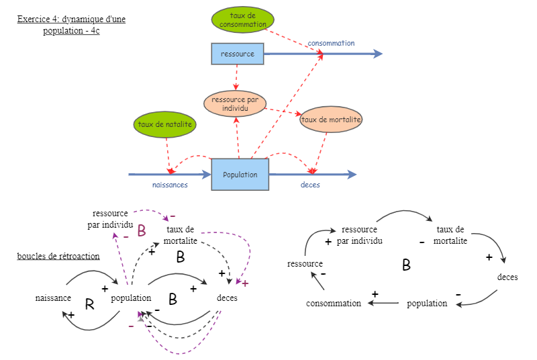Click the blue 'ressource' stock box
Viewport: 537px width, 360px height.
click(x=238, y=54)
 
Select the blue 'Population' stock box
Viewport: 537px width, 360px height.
click(x=240, y=175)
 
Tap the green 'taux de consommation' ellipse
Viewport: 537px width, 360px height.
click(x=238, y=20)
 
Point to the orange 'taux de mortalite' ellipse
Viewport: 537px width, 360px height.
click(x=331, y=120)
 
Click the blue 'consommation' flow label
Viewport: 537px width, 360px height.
click(x=331, y=43)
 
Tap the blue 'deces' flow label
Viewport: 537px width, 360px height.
click(x=309, y=185)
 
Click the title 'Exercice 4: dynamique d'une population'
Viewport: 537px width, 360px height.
click(x=71, y=25)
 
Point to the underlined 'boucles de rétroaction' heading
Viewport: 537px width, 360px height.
click(x=58, y=256)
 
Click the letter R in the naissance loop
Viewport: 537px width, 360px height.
click(x=90, y=305)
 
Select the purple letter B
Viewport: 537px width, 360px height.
click(x=142, y=231)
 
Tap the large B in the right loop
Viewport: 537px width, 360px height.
click(x=406, y=265)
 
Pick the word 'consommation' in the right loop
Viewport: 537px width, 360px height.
click(x=334, y=304)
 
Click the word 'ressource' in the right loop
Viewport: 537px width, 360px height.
click(x=305, y=264)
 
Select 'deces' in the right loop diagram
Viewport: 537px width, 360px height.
click(x=507, y=277)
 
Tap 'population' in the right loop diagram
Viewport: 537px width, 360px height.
click(x=427, y=304)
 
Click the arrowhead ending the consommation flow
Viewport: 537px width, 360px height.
click(x=379, y=54)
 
